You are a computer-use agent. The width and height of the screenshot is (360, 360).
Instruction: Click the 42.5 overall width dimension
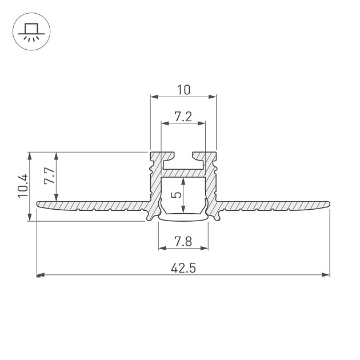click(x=183, y=268)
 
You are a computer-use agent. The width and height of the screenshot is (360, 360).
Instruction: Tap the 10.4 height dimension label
click(x=23, y=186)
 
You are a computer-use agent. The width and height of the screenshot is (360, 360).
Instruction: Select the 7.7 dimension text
click(x=50, y=175)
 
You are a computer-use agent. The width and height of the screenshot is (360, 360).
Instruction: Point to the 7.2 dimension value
click(x=183, y=117)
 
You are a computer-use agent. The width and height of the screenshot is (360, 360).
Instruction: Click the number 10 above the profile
click(x=183, y=90)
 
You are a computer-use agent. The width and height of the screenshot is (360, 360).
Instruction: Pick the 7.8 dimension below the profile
click(x=183, y=242)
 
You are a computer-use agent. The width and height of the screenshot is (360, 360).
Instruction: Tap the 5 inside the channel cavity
click(x=176, y=195)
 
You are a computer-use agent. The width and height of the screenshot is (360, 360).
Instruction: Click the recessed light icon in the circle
click(x=31, y=32)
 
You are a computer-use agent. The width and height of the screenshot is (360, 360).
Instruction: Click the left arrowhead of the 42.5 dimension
click(x=41, y=275)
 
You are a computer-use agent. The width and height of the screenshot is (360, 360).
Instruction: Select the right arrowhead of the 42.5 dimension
click(x=326, y=275)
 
